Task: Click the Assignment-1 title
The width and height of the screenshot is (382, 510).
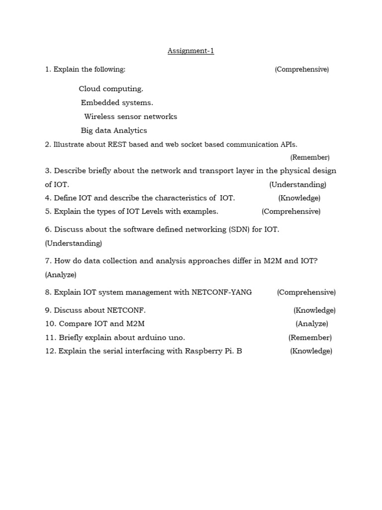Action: point(191,51)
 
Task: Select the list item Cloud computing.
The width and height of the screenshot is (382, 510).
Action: point(111,89)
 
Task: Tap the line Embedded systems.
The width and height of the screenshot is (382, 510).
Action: point(117,103)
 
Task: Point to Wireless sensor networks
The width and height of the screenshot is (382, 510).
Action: point(130,117)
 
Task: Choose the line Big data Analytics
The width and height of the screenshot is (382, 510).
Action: point(114,130)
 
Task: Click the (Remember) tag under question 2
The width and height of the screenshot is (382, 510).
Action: point(310,157)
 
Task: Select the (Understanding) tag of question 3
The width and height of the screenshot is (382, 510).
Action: point(298,185)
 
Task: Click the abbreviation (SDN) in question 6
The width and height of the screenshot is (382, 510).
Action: point(240,230)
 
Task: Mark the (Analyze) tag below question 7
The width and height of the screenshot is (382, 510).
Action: point(61,274)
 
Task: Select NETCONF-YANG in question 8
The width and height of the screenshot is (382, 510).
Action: point(222,292)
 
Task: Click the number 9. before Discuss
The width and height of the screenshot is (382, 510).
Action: point(48,310)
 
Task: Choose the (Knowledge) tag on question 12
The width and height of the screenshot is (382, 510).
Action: point(311,351)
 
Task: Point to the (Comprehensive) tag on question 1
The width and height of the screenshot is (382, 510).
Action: point(301,69)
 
